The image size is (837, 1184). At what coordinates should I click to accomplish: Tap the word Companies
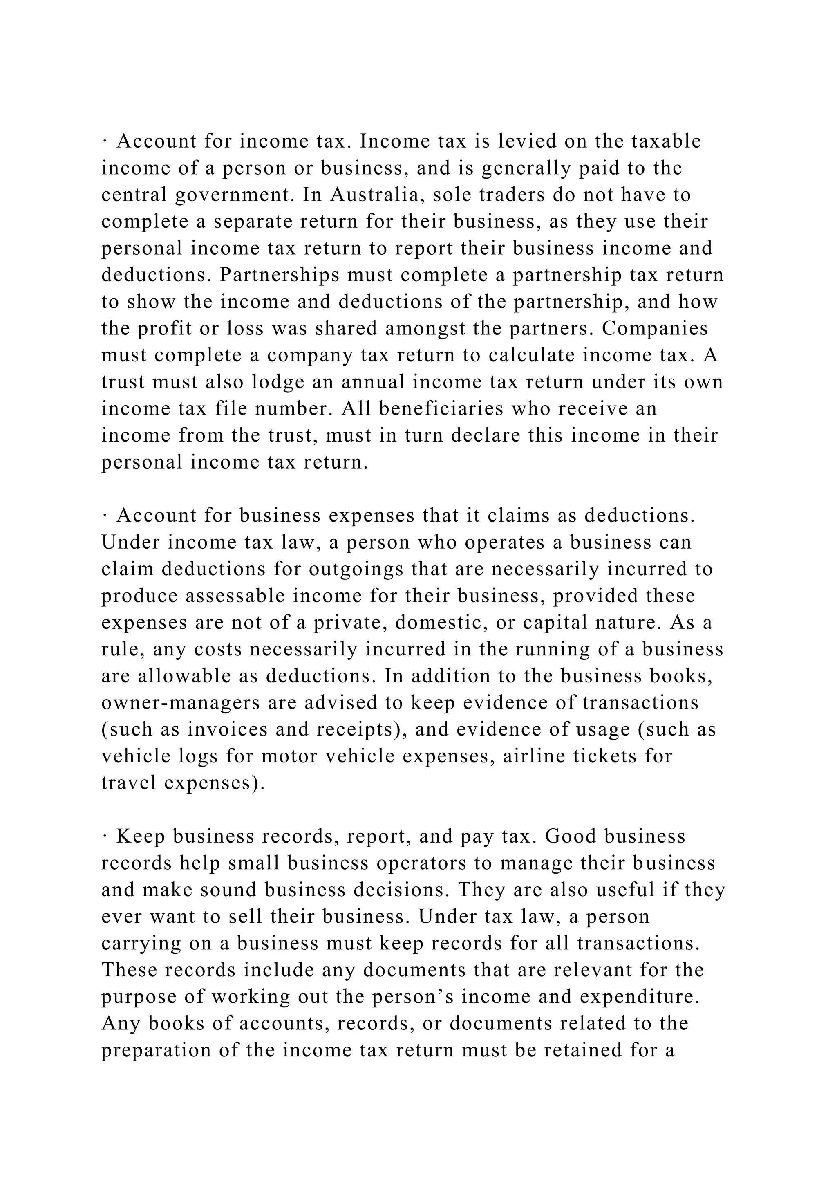pyautogui.click(x=655, y=328)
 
